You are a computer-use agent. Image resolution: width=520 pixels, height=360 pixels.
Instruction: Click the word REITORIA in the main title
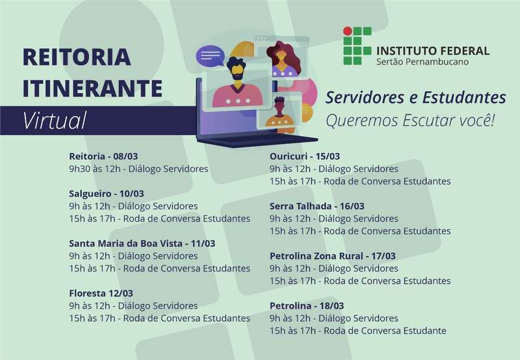coord(77,57)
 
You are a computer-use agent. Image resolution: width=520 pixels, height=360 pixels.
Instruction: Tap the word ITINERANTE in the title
coord(92,88)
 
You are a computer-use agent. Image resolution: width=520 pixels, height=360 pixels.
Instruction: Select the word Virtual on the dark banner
coord(55,120)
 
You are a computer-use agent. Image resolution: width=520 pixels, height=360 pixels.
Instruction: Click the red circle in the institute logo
coord(347,31)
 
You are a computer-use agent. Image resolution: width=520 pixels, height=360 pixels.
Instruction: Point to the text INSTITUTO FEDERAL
coord(433,51)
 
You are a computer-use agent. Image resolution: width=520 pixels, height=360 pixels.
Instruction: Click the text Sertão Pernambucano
coord(422,62)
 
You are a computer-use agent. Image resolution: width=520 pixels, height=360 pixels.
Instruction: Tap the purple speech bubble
coord(210,56)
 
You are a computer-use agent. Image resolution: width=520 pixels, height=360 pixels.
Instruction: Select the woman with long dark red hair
coord(283,59)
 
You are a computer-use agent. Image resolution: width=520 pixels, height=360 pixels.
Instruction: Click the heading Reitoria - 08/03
coord(103,156)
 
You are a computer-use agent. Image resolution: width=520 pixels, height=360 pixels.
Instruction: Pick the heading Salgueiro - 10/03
coord(107,194)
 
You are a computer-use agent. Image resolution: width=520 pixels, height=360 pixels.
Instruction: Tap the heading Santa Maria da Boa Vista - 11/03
coord(142,243)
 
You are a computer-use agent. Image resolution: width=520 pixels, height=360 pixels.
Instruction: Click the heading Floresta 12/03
coord(101,293)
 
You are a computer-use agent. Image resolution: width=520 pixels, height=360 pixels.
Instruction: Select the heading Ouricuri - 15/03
coord(305,156)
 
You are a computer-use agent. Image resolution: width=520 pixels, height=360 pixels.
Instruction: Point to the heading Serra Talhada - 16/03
coord(317,206)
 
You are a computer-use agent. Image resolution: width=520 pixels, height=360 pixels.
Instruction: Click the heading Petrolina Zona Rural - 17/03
coord(333,256)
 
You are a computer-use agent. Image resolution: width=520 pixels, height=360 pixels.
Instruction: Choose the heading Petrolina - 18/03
coord(307,305)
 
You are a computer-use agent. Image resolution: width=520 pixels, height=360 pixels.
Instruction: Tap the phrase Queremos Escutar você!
coord(410,120)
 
